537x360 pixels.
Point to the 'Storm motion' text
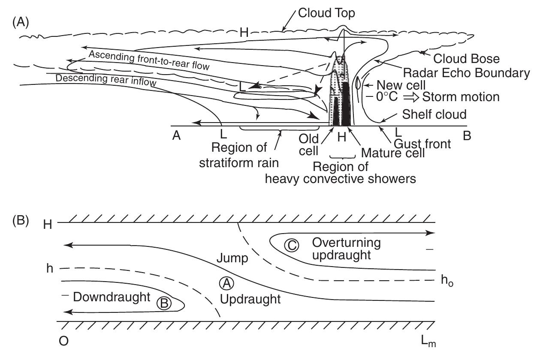[x=461, y=97]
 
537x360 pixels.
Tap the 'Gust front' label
[x=422, y=144]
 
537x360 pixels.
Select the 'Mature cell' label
[x=392, y=153]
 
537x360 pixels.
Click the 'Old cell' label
[x=309, y=145]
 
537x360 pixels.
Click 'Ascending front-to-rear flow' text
[x=149, y=60]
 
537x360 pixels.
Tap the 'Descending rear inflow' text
[x=106, y=81]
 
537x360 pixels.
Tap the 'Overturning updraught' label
[x=346, y=249]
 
